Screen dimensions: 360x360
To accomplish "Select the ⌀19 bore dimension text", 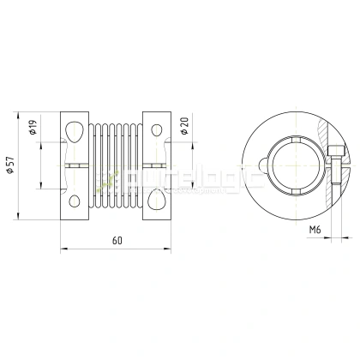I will tap(33, 129).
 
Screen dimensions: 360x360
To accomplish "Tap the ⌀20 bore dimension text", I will tap(185, 129).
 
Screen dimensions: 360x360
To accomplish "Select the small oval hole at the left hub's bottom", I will tap(75, 203).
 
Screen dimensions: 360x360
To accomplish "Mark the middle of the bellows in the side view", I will tap(116, 165).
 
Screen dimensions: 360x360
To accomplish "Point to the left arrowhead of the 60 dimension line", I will tap(63, 250).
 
